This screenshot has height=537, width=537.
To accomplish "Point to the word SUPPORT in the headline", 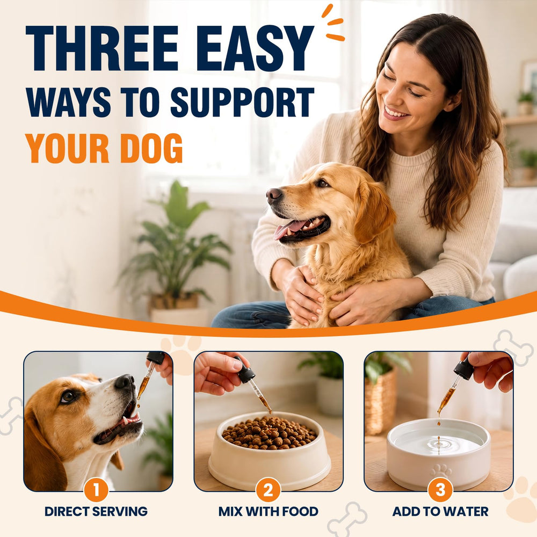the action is click(242, 101).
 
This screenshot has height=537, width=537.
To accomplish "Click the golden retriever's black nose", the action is click(274, 195).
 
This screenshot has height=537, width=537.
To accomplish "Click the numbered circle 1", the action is click(96, 490).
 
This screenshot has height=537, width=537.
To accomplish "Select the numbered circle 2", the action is click(268, 490).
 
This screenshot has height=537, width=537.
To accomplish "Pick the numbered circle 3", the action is click(440, 490).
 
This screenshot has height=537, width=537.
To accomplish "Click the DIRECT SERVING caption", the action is click(96, 511).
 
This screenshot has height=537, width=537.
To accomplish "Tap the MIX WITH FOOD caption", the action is click(268, 511).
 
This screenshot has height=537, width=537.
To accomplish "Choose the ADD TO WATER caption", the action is click(440, 511).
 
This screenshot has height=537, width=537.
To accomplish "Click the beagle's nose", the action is click(124, 381).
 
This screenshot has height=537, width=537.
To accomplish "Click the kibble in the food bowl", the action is click(269, 432).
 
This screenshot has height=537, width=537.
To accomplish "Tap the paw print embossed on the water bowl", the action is click(441, 471).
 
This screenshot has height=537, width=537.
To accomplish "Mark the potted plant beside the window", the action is click(175, 250).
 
